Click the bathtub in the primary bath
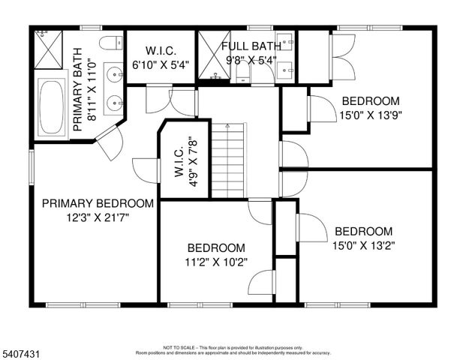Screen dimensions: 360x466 53,107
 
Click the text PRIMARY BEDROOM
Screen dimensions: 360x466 98,203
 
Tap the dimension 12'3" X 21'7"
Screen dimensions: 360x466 98,218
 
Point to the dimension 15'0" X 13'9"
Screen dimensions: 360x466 371,115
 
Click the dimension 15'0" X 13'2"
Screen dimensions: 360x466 363,245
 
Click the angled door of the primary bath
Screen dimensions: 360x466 110,142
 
